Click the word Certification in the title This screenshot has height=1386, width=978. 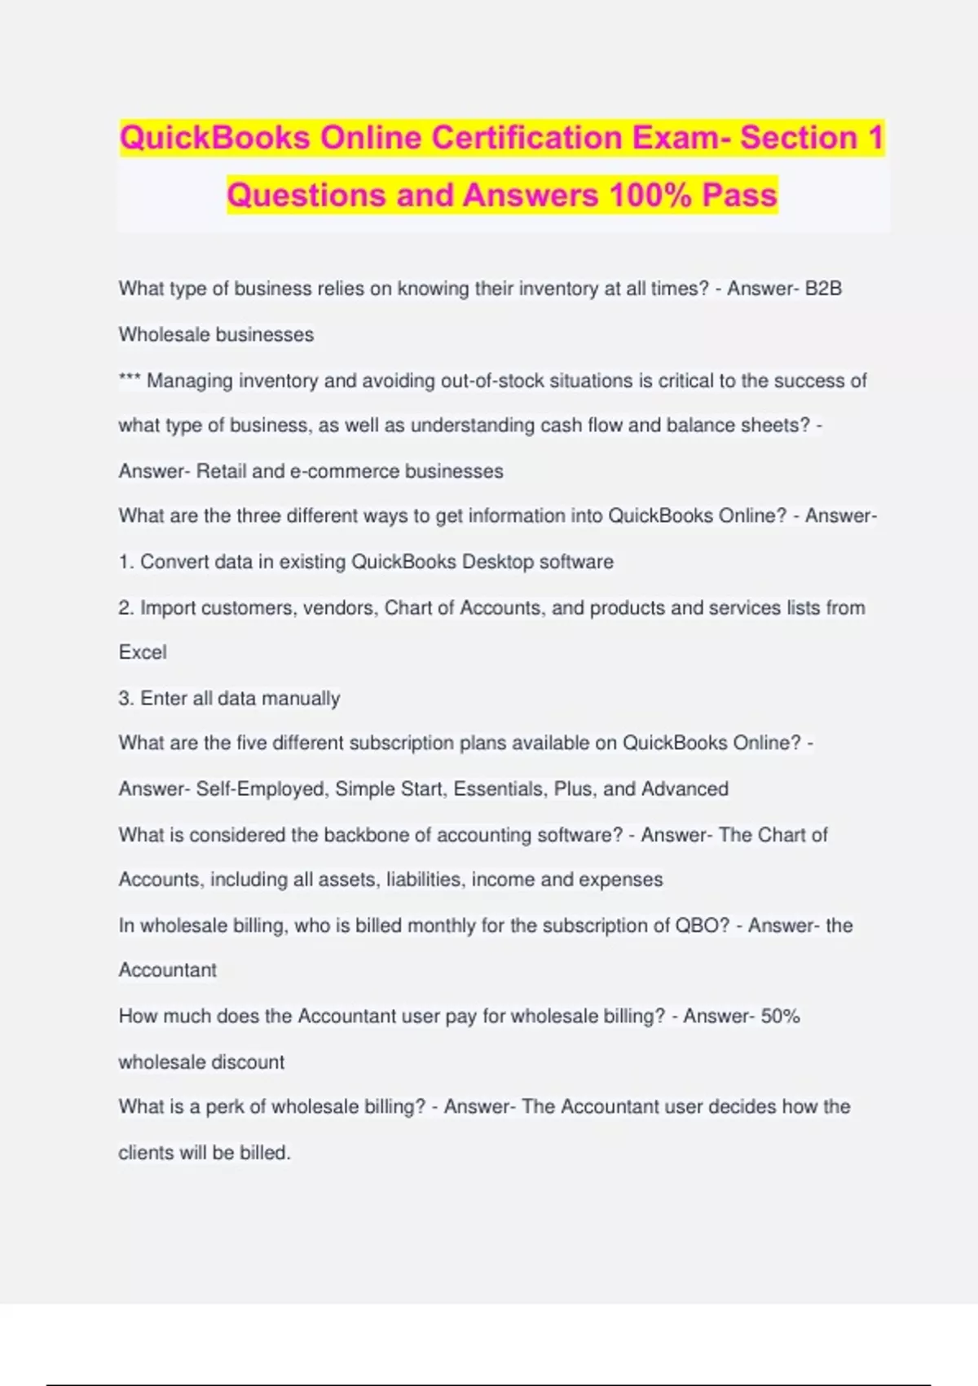(525, 138)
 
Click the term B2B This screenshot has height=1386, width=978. (823, 289)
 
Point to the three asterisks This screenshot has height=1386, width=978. (130, 380)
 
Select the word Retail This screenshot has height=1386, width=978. (221, 471)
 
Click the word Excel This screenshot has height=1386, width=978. (143, 652)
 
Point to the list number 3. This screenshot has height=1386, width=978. (125, 698)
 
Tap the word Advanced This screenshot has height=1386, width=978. (685, 789)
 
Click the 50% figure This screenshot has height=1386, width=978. (780, 1016)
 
